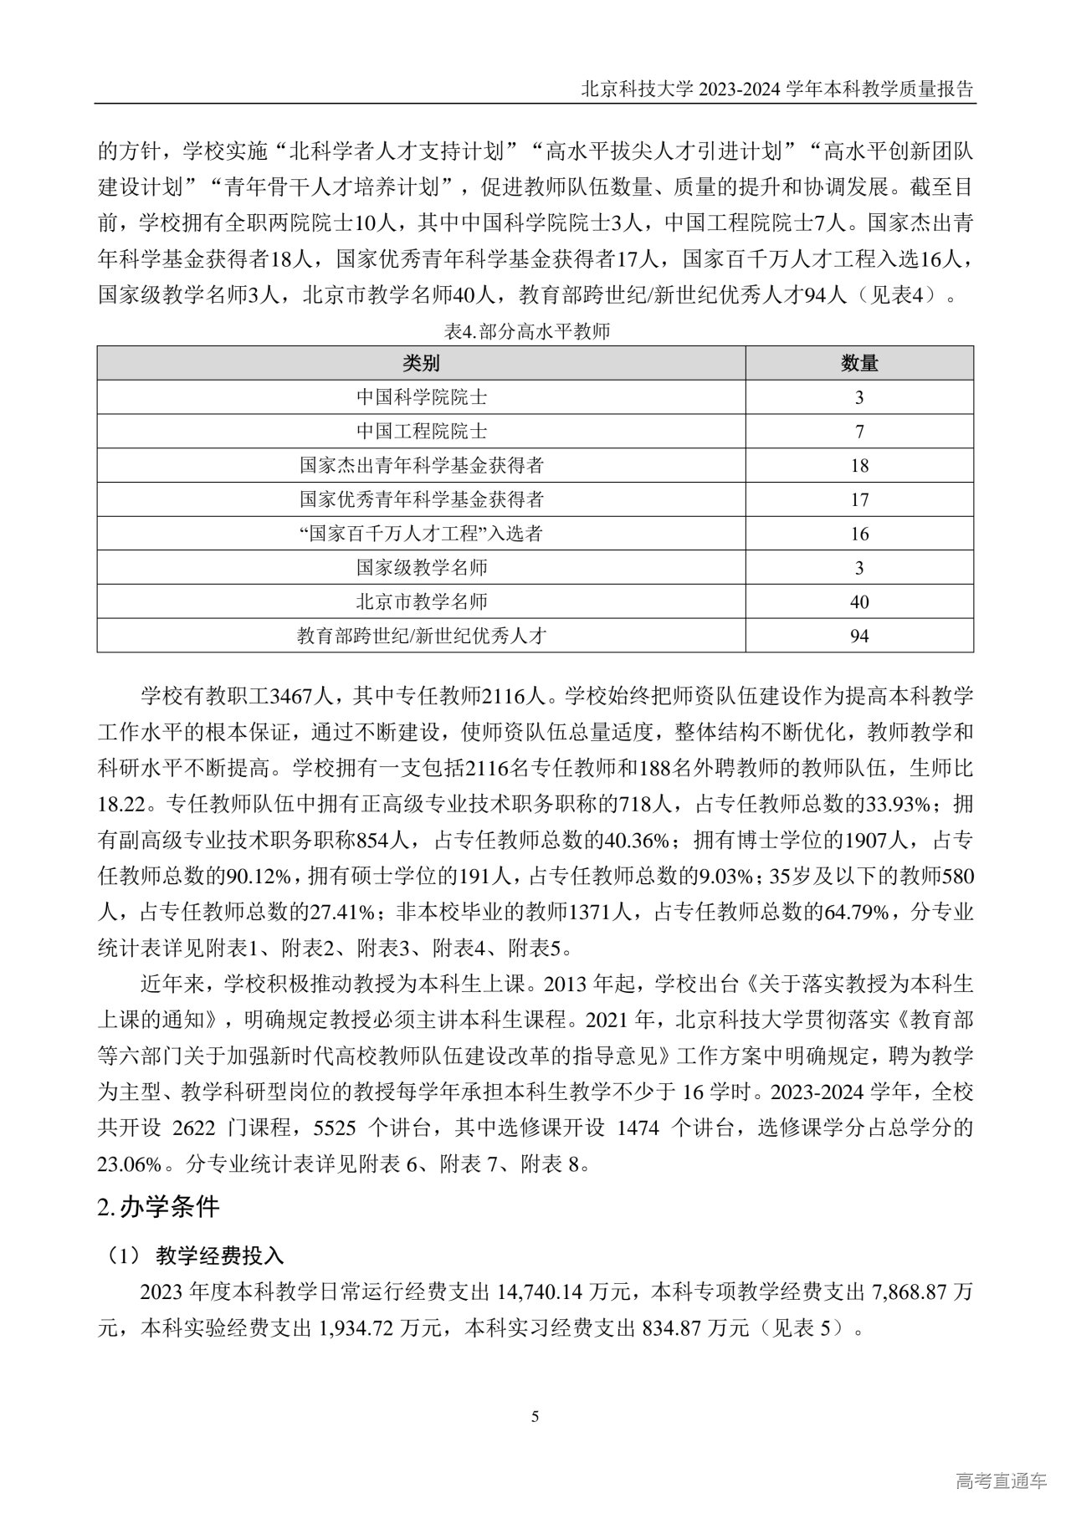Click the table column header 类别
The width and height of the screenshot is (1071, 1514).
coord(421,363)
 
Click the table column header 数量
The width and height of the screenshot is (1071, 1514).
coord(858,363)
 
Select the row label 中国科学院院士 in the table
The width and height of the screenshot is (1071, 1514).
coord(421,397)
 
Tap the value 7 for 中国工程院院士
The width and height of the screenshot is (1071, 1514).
coord(859,432)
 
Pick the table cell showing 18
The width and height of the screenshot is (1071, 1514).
coord(859,466)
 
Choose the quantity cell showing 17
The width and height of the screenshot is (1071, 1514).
coord(859,500)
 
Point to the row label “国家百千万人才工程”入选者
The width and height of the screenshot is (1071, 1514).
coord(421,534)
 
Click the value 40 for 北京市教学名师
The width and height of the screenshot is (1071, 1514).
coord(859,602)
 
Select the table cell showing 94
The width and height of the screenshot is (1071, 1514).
coord(859,637)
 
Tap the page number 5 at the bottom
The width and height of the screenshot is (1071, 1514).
coord(535,1417)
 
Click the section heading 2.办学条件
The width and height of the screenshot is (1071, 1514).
coord(158,1208)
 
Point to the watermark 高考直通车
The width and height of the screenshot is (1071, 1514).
coord(1000,1482)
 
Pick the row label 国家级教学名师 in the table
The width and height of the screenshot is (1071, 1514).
coord(421,568)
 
